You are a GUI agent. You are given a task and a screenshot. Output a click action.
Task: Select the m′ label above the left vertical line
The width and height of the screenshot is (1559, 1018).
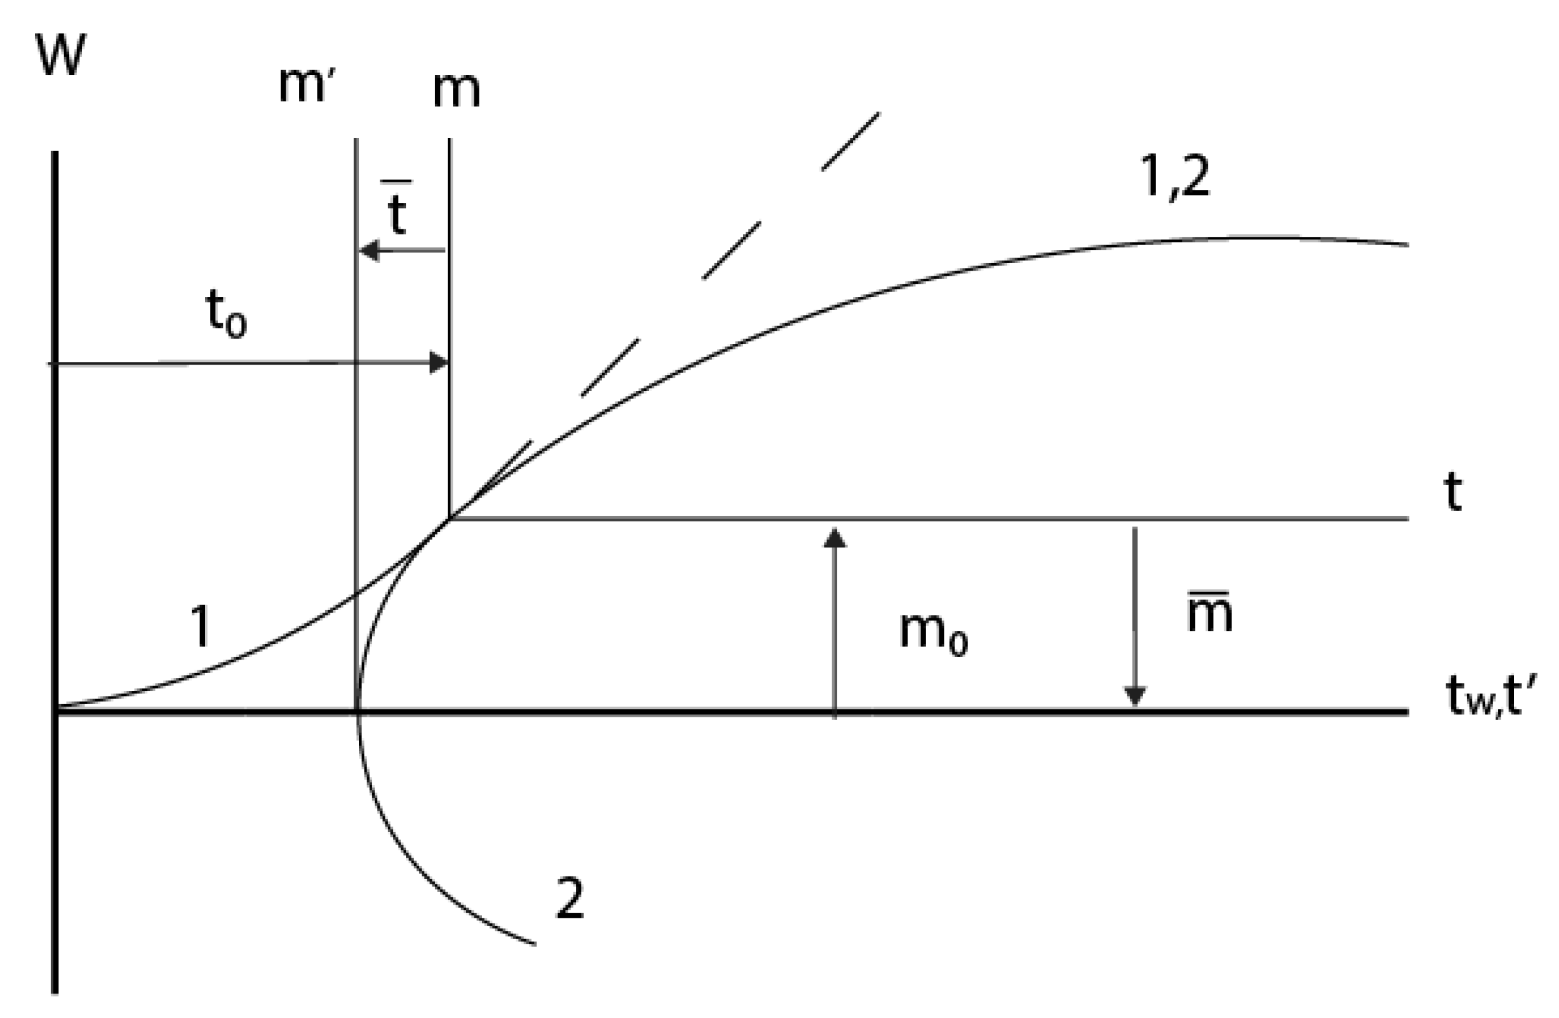pos(306,85)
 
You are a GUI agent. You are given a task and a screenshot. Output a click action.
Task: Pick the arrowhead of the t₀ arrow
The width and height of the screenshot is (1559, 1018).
pos(439,362)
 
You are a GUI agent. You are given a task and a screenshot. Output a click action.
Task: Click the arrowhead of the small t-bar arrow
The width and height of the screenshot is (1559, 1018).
pos(369,250)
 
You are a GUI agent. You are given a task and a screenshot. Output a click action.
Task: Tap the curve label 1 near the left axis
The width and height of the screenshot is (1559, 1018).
pos(201,626)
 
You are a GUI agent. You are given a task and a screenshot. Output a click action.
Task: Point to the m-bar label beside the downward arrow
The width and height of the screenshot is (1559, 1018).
pos(1210,613)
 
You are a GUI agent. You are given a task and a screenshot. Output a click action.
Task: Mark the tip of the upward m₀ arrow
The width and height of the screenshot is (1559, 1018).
pos(834,536)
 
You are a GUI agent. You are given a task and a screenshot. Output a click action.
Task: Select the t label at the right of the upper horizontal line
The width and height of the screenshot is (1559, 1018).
pos(1453,492)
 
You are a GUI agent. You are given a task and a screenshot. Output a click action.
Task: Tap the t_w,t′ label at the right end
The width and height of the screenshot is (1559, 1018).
pos(1484,698)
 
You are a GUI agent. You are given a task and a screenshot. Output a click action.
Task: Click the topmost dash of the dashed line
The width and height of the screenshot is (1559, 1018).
pos(850,142)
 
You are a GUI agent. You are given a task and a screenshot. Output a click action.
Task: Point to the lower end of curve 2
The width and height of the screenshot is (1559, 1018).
pos(534,944)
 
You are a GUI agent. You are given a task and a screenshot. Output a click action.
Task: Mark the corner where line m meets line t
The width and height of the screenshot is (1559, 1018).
pos(449,519)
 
